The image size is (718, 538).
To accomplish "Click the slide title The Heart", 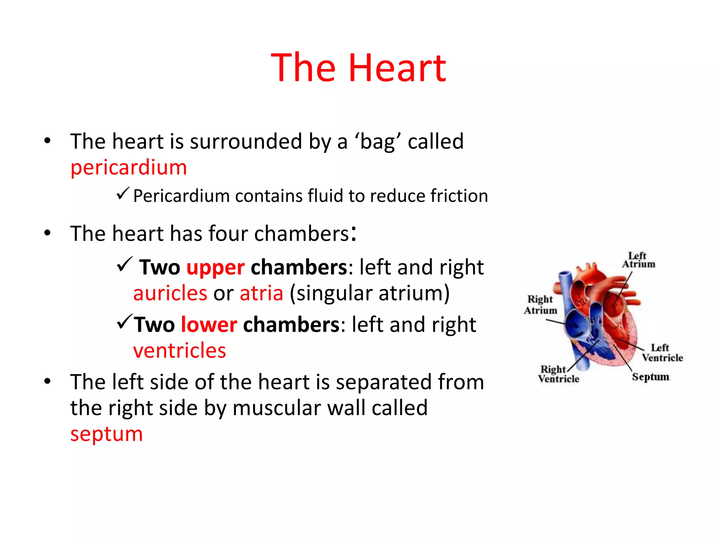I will (358, 68).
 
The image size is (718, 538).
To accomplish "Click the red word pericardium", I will (129, 167).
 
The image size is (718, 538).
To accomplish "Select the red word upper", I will (215, 268).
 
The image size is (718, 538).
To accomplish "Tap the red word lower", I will (209, 325).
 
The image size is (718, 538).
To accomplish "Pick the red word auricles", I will (170, 293).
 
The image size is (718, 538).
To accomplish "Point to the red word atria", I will (261, 293).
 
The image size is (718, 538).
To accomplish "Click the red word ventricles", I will (179, 351).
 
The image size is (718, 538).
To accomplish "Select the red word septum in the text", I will (107, 434).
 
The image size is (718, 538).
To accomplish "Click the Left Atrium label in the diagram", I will (638, 260).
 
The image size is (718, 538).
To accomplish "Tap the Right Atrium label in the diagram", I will (540, 305).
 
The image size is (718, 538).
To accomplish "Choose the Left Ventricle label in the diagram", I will (662, 353).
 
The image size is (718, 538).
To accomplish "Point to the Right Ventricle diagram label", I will (558, 374).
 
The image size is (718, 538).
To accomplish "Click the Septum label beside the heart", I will (650, 377).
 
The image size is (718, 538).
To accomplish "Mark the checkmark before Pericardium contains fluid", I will (123, 193).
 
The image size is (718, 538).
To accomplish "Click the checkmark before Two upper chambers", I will (124, 264).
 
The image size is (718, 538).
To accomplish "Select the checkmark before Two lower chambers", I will (124, 322).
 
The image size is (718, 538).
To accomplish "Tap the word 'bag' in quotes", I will (378, 142).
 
